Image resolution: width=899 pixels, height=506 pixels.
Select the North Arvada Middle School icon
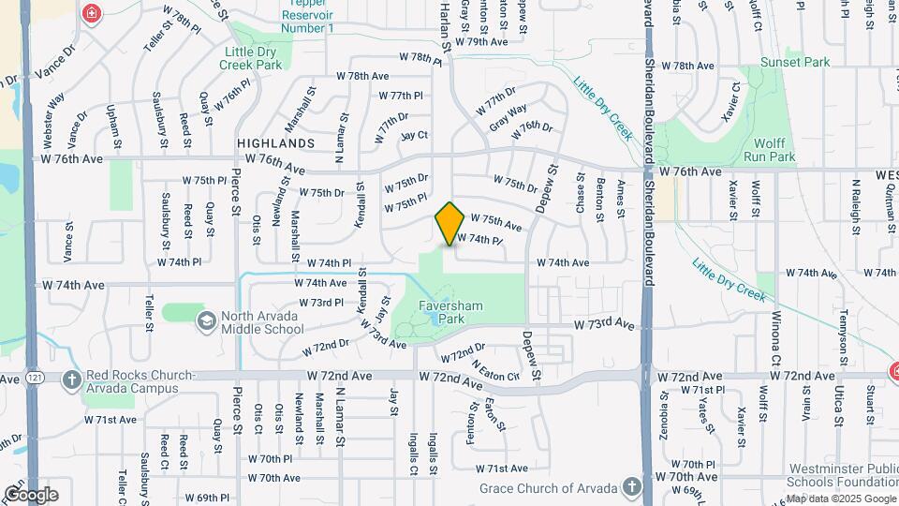204,321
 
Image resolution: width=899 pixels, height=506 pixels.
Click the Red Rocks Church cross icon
72,380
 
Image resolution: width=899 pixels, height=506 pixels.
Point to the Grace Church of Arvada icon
633,487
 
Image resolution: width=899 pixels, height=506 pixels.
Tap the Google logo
31,494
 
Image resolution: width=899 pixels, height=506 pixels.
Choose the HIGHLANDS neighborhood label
275,143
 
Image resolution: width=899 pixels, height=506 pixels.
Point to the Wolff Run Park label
769,150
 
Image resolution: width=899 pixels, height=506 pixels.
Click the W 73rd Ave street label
604,324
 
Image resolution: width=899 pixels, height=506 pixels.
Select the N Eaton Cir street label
495,369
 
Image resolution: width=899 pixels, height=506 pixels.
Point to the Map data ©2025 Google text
841,499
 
